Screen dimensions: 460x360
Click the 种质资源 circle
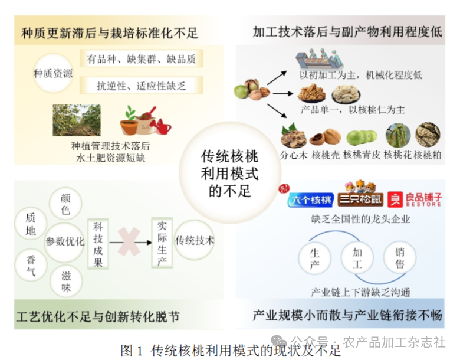click(53, 73)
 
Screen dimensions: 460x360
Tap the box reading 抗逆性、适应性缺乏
click(142, 86)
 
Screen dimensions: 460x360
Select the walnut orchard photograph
click(77, 120)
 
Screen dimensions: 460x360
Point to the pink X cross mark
click(129, 242)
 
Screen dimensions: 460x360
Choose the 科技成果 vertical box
click(98, 244)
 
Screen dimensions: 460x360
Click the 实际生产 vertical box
click(162, 243)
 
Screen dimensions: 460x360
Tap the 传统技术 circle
click(195, 240)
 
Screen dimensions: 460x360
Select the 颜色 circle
click(65, 204)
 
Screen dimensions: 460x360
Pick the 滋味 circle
click(66, 282)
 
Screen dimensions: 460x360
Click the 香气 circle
click(31, 266)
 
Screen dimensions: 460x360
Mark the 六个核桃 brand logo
click(311, 199)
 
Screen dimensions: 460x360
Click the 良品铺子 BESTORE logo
click(415, 199)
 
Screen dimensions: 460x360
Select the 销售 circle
click(400, 257)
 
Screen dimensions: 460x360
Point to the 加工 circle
click(357, 257)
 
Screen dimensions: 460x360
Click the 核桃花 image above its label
click(398, 135)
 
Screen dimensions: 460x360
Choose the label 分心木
click(294, 155)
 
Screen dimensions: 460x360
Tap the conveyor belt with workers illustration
click(319, 60)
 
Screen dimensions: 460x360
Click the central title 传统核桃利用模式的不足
click(230, 174)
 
